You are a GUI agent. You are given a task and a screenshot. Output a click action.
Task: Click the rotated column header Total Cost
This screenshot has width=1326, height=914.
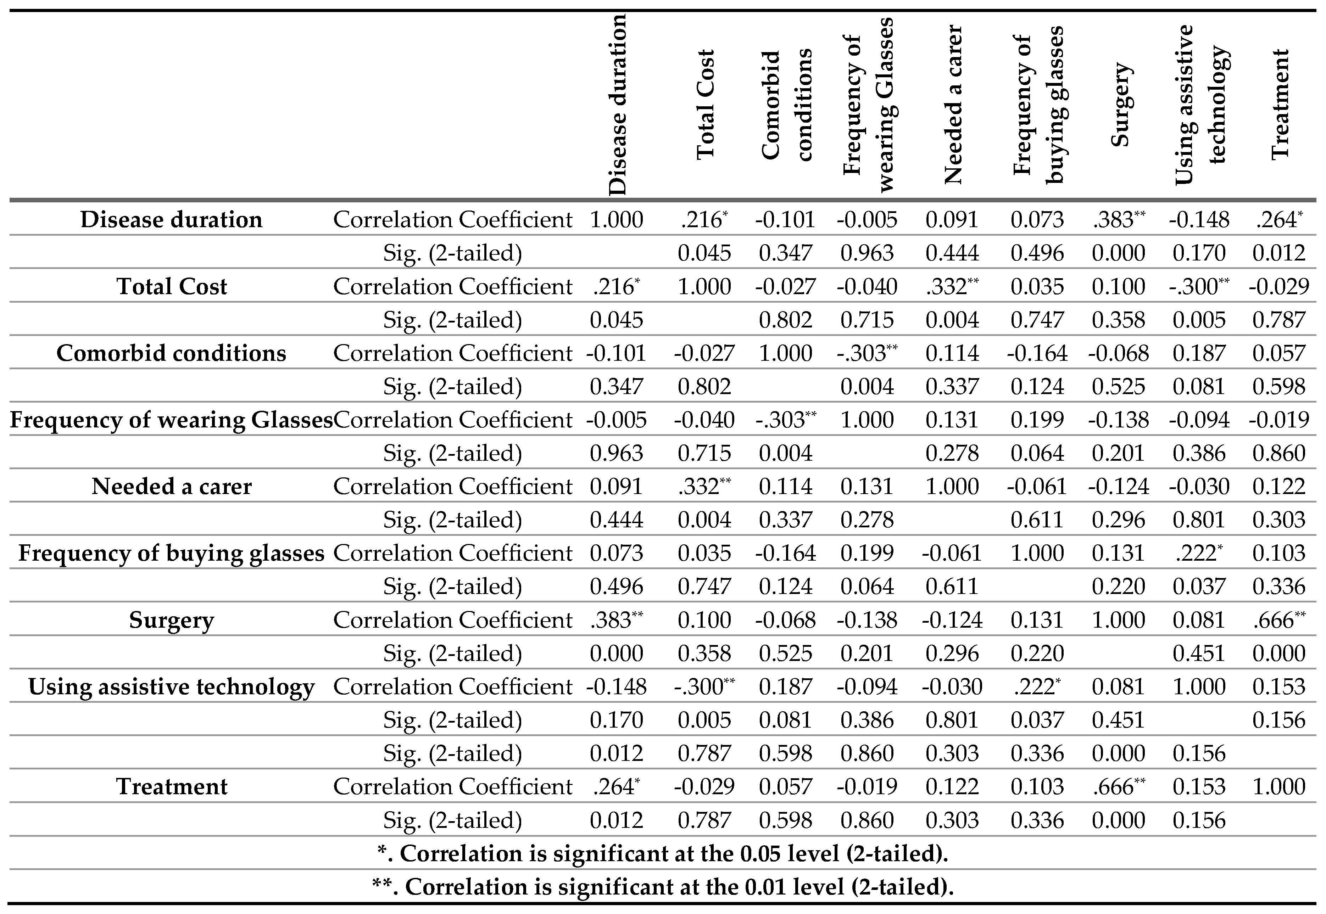(705, 104)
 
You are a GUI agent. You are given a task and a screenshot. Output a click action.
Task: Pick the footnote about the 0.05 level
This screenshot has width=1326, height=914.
(663, 853)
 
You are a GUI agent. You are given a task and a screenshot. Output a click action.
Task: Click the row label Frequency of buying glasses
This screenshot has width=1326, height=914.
(171, 553)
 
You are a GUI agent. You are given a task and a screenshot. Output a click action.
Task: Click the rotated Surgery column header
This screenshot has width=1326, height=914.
(1120, 104)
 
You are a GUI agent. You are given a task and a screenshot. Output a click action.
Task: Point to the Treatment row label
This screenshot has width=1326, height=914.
(171, 786)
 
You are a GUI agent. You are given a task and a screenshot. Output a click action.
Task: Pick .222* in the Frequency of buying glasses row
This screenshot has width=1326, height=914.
(1199, 553)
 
